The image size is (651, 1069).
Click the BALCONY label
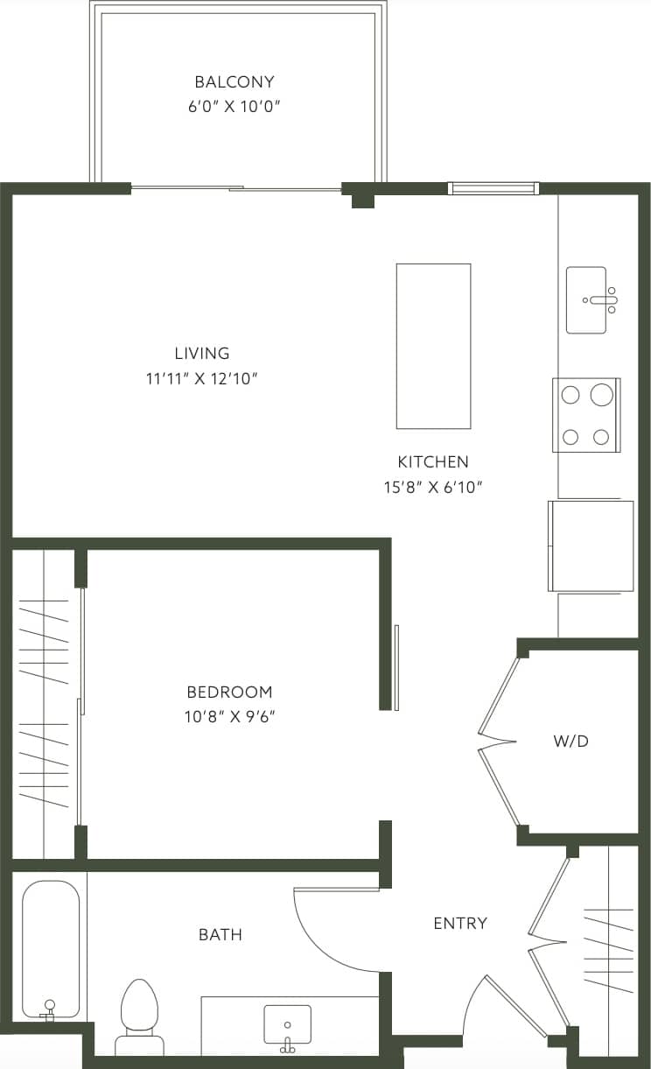point(234,82)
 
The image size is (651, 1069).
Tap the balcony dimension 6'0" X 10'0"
point(234,108)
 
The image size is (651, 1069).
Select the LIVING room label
point(202,354)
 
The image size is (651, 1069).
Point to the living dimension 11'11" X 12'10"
point(202,379)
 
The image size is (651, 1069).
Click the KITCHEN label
point(433,461)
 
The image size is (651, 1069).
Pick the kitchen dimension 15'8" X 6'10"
point(433,487)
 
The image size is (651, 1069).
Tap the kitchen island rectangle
point(433,346)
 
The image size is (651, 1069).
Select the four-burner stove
point(586,415)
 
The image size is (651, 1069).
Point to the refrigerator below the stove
point(591,545)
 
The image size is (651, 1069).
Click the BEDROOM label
point(229,692)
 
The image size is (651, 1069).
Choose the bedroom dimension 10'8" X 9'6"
point(229,717)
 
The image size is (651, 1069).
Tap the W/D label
point(570,742)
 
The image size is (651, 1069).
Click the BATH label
point(220,935)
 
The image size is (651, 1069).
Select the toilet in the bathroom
point(139,1016)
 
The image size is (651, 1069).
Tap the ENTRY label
point(460,923)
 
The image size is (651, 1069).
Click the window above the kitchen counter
point(493,188)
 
